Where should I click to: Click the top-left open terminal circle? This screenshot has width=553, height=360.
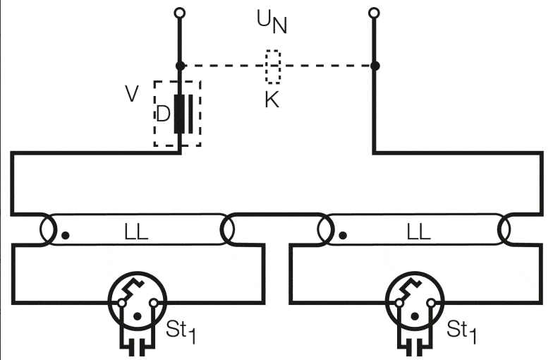coord(180,13)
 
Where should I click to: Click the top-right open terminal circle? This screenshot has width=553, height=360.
coord(374,13)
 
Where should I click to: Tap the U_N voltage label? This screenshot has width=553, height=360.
coord(272,22)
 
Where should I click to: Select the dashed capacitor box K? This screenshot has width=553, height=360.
coord(273,67)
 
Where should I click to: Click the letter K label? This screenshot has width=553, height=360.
coord(272,100)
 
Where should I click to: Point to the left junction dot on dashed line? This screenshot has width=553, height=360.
coord(180,66)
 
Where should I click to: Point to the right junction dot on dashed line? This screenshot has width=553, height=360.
coord(375,66)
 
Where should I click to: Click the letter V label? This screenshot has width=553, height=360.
coord(132,94)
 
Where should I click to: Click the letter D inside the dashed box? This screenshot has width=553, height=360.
coord(163,114)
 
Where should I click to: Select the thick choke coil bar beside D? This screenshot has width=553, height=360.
coord(179,114)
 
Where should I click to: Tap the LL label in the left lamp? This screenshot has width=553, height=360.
coord(136,232)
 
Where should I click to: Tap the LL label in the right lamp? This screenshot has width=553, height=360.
coord(419,232)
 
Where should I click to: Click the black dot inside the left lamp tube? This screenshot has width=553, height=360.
coord(65,235)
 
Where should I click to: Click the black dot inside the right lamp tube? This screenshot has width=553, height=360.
coord(343,235)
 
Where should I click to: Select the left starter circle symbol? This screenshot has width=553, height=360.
coord(138,301)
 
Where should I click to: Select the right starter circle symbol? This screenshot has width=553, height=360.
coord(415,301)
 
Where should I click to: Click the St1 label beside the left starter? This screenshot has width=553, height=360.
coord(181,332)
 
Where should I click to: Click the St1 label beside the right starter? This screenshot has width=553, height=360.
coord(461,332)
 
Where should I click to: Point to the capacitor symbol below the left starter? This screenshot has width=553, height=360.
coord(138,347)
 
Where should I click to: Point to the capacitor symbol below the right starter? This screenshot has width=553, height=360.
coord(415,347)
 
